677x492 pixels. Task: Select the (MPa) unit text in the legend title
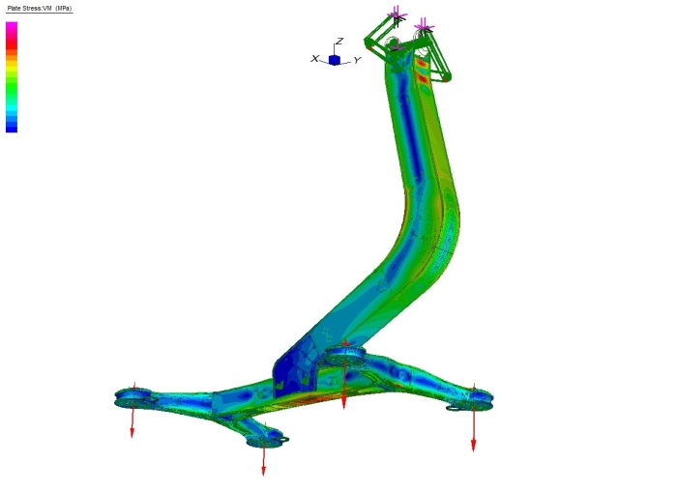(64, 8)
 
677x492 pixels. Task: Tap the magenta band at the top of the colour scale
(12, 26)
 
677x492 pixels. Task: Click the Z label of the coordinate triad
(339, 41)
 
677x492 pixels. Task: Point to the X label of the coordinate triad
(314, 58)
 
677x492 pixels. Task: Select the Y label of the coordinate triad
(357, 61)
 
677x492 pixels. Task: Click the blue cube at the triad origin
(335, 60)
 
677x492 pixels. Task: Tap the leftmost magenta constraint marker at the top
(397, 15)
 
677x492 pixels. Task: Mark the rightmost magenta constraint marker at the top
(424, 28)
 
